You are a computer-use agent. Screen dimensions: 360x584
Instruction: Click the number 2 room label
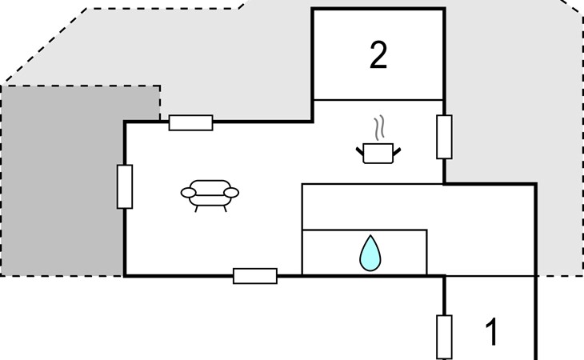tap(378, 55)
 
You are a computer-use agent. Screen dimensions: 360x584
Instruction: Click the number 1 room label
tap(493, 332)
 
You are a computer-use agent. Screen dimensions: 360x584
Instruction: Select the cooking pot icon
tap(378, 152)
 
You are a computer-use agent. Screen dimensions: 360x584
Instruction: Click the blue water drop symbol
tap(369, 254)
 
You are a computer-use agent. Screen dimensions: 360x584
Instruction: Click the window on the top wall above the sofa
tap(190, 122)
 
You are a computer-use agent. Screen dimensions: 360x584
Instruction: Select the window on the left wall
tap(125, 186)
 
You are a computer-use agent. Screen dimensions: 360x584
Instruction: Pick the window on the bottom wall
tap(255, 276)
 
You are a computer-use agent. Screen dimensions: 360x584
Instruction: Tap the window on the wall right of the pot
tap(444, 137)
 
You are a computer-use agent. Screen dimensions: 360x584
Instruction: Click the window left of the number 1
tap(444, 337)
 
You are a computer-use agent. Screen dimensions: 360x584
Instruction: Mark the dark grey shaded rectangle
tap(60, 180)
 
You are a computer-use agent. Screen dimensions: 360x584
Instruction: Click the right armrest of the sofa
tap(232, 192)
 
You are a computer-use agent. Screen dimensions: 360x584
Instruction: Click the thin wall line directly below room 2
tap(378, 100)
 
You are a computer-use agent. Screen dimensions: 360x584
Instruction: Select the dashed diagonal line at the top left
tap(44, 44)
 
